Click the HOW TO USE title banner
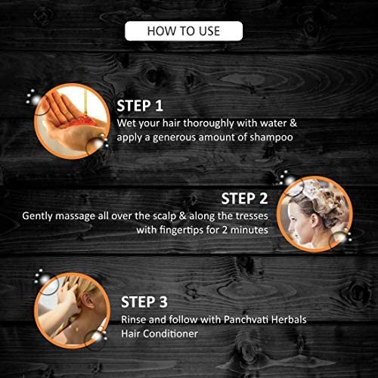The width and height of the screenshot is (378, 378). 184,31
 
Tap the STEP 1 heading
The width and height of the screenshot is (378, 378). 140,106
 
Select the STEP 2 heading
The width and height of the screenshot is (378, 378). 244,199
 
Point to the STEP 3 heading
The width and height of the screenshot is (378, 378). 144,302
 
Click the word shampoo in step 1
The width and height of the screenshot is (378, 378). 271,138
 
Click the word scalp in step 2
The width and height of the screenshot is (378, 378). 165,216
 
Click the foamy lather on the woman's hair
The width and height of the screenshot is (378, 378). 318,191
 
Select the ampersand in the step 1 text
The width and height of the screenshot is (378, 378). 293,123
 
